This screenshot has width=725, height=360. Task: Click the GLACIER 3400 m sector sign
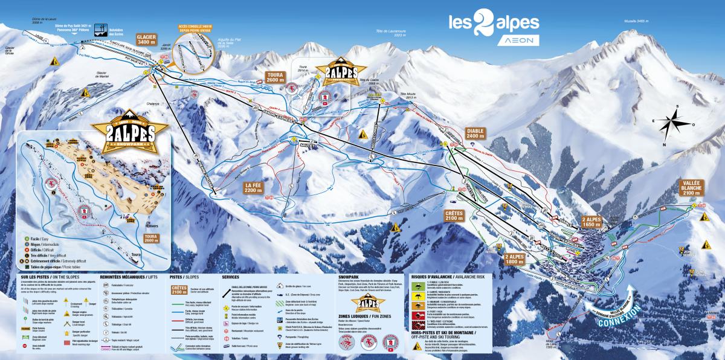(147, 39)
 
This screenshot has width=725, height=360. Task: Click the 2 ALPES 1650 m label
(592, 222)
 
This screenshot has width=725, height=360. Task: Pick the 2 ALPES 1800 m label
(515, 259)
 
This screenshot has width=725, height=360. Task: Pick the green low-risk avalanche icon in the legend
(418, 283)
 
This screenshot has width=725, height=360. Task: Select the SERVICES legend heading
(230, 275)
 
